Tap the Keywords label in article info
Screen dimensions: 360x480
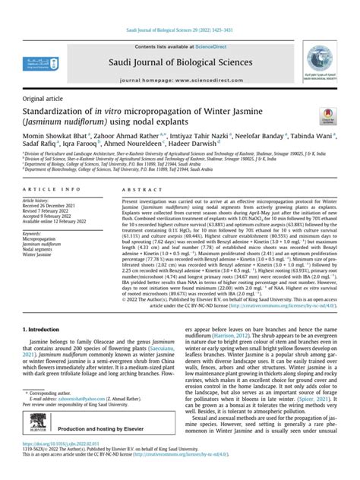coord(35,235)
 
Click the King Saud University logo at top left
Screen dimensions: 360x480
coord(39,64)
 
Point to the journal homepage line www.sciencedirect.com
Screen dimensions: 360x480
coord(179,79)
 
